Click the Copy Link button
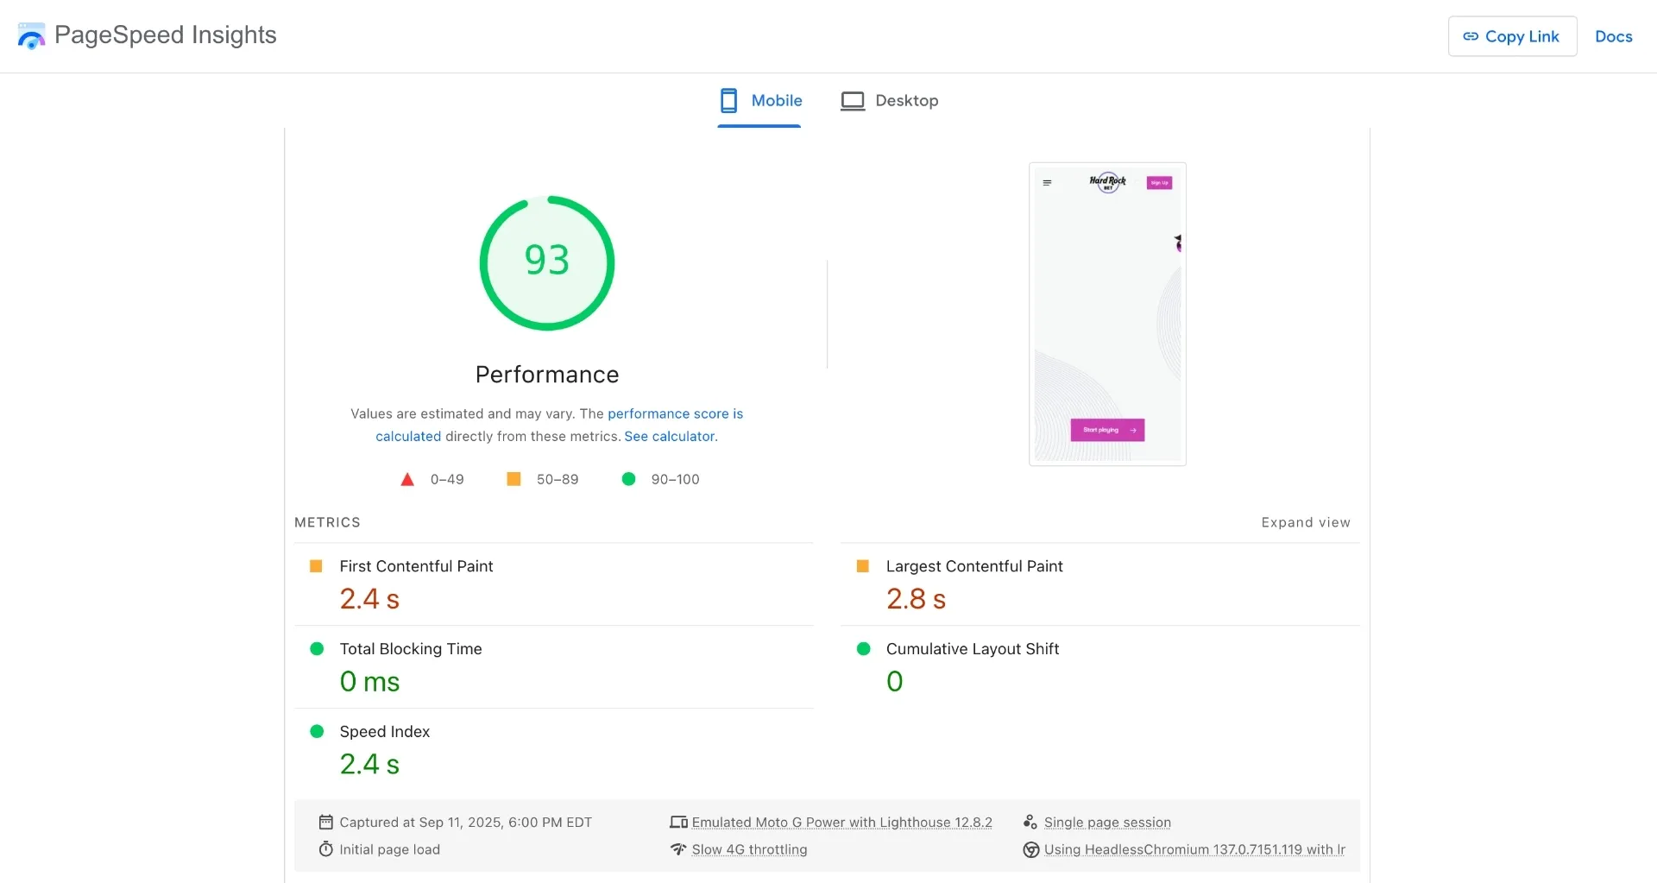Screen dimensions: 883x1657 click(1512, 36)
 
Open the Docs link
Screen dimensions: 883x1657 click(1613, 36)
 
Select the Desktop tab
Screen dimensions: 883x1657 click(890, 101)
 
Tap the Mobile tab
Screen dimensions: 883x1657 click(760, 101)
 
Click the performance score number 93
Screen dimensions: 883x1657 click(547, 261)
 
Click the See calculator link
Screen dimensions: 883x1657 click(670, 437)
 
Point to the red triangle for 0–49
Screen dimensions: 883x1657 click(407, 480)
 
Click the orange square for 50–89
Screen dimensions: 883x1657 click(513, 479)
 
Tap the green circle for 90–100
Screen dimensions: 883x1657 click(629, 479)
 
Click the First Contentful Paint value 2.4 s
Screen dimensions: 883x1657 click(369, 599)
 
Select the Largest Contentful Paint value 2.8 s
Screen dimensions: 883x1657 click(916, 599)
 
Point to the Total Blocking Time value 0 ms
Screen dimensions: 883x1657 click(369, 682)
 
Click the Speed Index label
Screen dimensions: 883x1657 click(384, 732)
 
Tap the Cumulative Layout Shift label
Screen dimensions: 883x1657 click(972, 649)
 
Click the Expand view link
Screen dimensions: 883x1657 click(1305, 523)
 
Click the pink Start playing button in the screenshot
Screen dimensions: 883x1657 click(1107, 430)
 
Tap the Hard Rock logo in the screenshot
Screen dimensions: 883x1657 click(1107, 182)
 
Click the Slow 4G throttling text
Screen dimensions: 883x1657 click(749, 850)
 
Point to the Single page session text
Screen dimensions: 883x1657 click(1107, 823)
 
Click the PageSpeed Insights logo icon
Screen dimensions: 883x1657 click(31, 36)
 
